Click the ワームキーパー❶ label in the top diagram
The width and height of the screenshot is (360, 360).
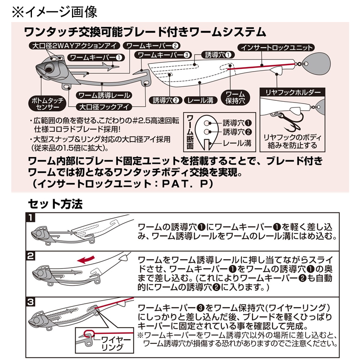[x=96, y=58]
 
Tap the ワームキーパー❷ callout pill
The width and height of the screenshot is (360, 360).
[x=152, y=46]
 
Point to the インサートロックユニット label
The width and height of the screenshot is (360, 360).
[x=276, y=48]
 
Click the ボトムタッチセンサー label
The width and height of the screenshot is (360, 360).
[x=47, y=103]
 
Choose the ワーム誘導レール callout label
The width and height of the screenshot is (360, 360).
[x=104, y=95]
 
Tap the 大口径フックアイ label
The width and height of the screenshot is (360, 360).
[x=104, y=107]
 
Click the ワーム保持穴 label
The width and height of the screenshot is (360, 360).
[x=235, y=97]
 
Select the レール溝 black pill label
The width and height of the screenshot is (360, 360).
[x=200, y=100]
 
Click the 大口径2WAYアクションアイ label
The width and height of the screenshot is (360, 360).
[x=74, y=46]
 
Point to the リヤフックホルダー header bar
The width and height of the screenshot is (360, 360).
[x=292, y=92]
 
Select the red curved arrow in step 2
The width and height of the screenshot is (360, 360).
[x=85, y=260]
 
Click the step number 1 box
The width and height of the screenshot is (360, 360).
[x=31, y=217]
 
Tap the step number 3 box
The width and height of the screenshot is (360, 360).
[x=31, y=301]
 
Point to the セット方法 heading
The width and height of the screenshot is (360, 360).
[x=55, y=204]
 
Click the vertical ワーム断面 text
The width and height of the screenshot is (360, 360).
[x=190, y=132]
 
